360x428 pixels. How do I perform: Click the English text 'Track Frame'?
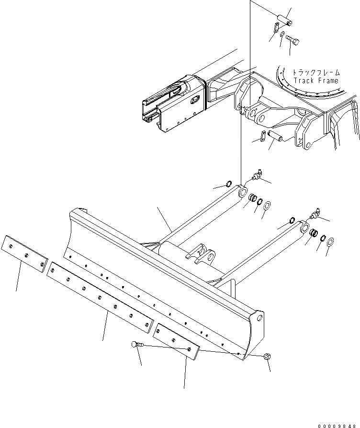(316, 81)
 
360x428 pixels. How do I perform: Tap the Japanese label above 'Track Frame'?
(316, 73)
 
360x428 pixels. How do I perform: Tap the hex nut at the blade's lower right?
(267, 356)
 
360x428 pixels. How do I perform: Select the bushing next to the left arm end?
(252, 197)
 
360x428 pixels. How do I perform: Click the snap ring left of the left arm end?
(229, 185)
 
